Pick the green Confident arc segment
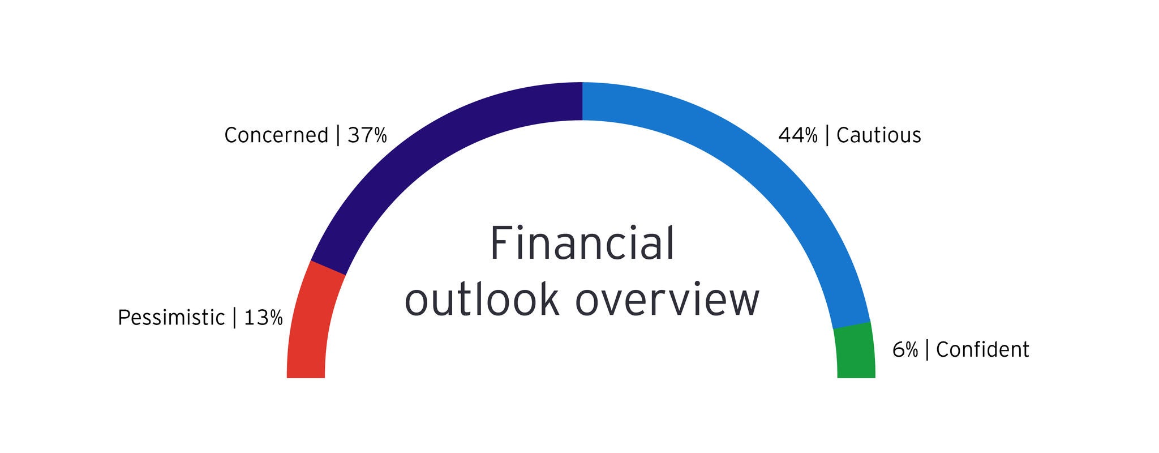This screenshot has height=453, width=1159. [x=855, y=351]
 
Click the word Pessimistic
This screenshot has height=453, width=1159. [x=171, y=318]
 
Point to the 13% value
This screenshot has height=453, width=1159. [x=263, y=318]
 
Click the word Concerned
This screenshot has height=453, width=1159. [x=276, y=135]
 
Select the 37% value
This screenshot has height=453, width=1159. [x=367, y=135]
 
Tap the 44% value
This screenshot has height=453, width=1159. [x=798, y=135]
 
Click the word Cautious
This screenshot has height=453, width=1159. [x=879, y=135]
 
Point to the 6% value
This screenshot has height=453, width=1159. [x=905, y=350]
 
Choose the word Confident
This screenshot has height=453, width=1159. [x=982, y=350]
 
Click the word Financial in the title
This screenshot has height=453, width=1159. [x=582, y=243]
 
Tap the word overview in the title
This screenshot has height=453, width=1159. [x=667, y=301]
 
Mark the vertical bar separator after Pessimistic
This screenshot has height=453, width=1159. [x=234, y=318]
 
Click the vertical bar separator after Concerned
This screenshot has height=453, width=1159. [x=338, y=135]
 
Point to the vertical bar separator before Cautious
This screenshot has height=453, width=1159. [x=827, y=135]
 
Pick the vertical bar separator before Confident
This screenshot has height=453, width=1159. [x=927, y=350]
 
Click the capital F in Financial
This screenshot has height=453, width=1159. [x=501, y=243]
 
